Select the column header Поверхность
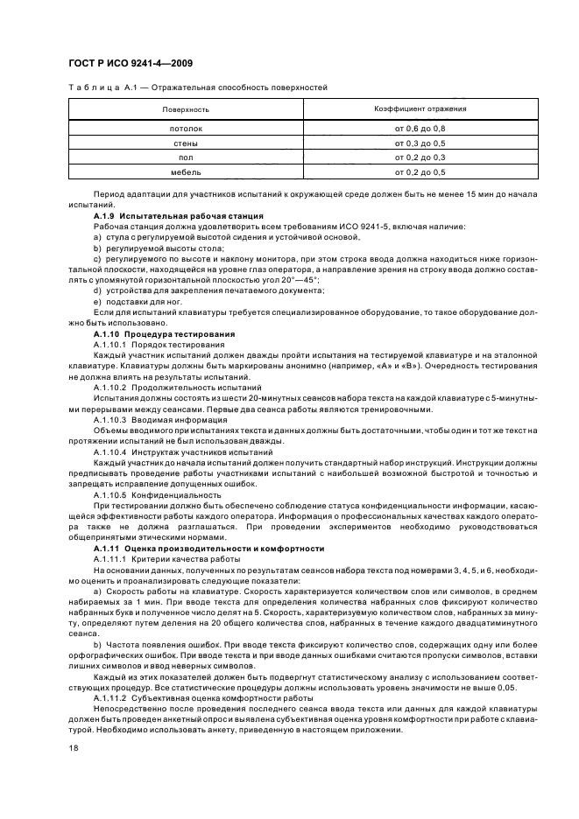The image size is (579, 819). (186, 110)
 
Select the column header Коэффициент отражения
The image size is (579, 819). (420, 109)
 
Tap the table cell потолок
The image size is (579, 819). (186, 129)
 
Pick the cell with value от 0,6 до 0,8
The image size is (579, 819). (420, 129)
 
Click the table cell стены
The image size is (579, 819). (186, 143)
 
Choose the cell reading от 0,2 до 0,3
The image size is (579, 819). (420, 158)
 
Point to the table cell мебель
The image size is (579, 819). (186, 173)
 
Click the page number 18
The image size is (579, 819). (74, 749)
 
